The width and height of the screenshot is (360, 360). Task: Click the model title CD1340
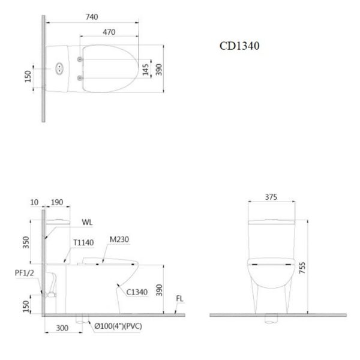pos(239,46)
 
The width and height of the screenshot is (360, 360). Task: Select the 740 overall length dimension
pos(92,17)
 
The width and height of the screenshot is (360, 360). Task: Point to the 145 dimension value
pos(146,70)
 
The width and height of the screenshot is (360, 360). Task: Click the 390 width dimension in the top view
pos(159,70)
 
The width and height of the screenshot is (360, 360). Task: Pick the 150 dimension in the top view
pos(28,77)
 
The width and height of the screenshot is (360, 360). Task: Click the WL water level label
pos(87,222)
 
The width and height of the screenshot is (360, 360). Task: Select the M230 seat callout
pos(119,239)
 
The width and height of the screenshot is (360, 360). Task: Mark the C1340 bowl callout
pos(137,292)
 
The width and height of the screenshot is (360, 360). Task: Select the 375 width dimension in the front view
pos(271,196)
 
